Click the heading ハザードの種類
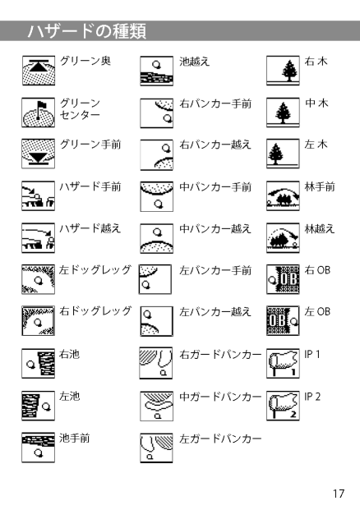pyautogui.click(x=87, y=31)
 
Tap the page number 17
pyautogui.click(x=338, y=494)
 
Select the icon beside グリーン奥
pyautogui.click(x=39, y=71)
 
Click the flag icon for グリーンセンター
pyautogui.click(x=39, y=113)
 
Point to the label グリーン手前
pyautogui.click(x=90, y=145)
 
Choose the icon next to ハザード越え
pyautogui.click(x=39, y=238)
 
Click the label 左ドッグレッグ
pyautogui.click(x=95, y=269)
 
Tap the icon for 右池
pyautogui.click(x=39, y=364)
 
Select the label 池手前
pyautogui.click(x=74, y=438)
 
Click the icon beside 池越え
pyautogui.click(x=156, y=71)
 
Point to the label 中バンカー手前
pyautogui.click(x=215, y=187)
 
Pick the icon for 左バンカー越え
pyautogui.click(x=156, y=321)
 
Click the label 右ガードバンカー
pyautogui.click(x=220, y=354)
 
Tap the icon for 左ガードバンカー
pyautogui.click(x=156, y=448)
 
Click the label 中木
pyautogui.click(x=316, y=103)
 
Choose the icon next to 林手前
pyautogui.click(x=283, y=195)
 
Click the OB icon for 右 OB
pyautogui.click(x=283, y=279)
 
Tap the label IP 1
pyautogui.click(x=312, y=354)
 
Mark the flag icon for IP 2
pyautogui.click(x=283, y=406)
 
